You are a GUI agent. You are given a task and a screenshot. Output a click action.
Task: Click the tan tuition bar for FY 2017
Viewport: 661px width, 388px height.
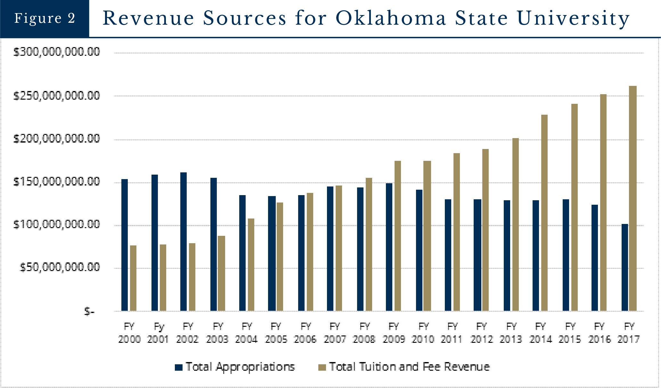coord(633,199)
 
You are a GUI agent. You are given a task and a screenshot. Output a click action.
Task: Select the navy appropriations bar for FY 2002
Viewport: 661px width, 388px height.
coord(184,242)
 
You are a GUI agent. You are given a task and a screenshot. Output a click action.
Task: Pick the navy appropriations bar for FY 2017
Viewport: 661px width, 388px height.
coord(625,268)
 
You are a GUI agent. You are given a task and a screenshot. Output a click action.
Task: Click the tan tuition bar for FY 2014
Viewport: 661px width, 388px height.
coord(544,213)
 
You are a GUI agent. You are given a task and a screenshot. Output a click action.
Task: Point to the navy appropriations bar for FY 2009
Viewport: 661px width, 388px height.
coord(389,247)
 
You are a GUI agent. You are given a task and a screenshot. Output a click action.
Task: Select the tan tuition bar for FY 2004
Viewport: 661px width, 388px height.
coord(251,265)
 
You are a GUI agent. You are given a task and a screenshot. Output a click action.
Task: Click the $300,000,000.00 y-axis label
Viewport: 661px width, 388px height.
coord(56,52)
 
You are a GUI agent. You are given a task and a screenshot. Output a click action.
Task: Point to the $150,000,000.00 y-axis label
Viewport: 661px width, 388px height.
coord(56,182)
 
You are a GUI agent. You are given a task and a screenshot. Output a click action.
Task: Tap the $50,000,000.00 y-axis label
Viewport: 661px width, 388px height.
coord(60,267)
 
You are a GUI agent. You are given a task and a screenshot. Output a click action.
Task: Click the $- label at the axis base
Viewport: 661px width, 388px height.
coord(89,311)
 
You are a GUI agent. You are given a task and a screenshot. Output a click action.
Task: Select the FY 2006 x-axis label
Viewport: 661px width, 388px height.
coord(305,333)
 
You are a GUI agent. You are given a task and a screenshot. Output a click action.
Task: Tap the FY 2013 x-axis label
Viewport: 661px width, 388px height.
coord(511,333)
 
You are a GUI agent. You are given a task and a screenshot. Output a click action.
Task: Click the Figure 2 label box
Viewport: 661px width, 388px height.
coord(45,18)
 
